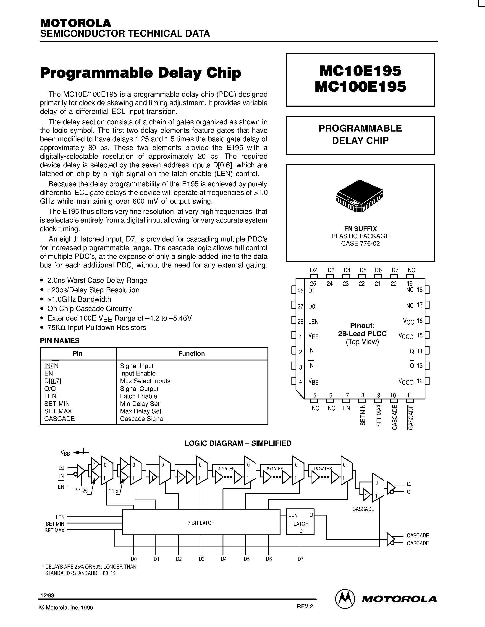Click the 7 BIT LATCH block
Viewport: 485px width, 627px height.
coord(201,523)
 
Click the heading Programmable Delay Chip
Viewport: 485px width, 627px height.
coord(141,73)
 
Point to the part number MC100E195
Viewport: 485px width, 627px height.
coord(360,86)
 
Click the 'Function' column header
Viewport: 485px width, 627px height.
coord(191,354)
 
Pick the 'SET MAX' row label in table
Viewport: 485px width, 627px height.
coord(58,411)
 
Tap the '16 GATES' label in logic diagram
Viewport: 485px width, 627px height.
coord(322,469)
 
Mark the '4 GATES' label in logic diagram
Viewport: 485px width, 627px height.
coord(226,469)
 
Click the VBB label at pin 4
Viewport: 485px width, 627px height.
coord(313,381)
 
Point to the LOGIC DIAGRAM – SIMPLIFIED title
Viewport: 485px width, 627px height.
coord(238,443)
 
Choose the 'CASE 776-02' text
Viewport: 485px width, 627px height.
coord(360,244)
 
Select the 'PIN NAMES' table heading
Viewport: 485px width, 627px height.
coord(60,341)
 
